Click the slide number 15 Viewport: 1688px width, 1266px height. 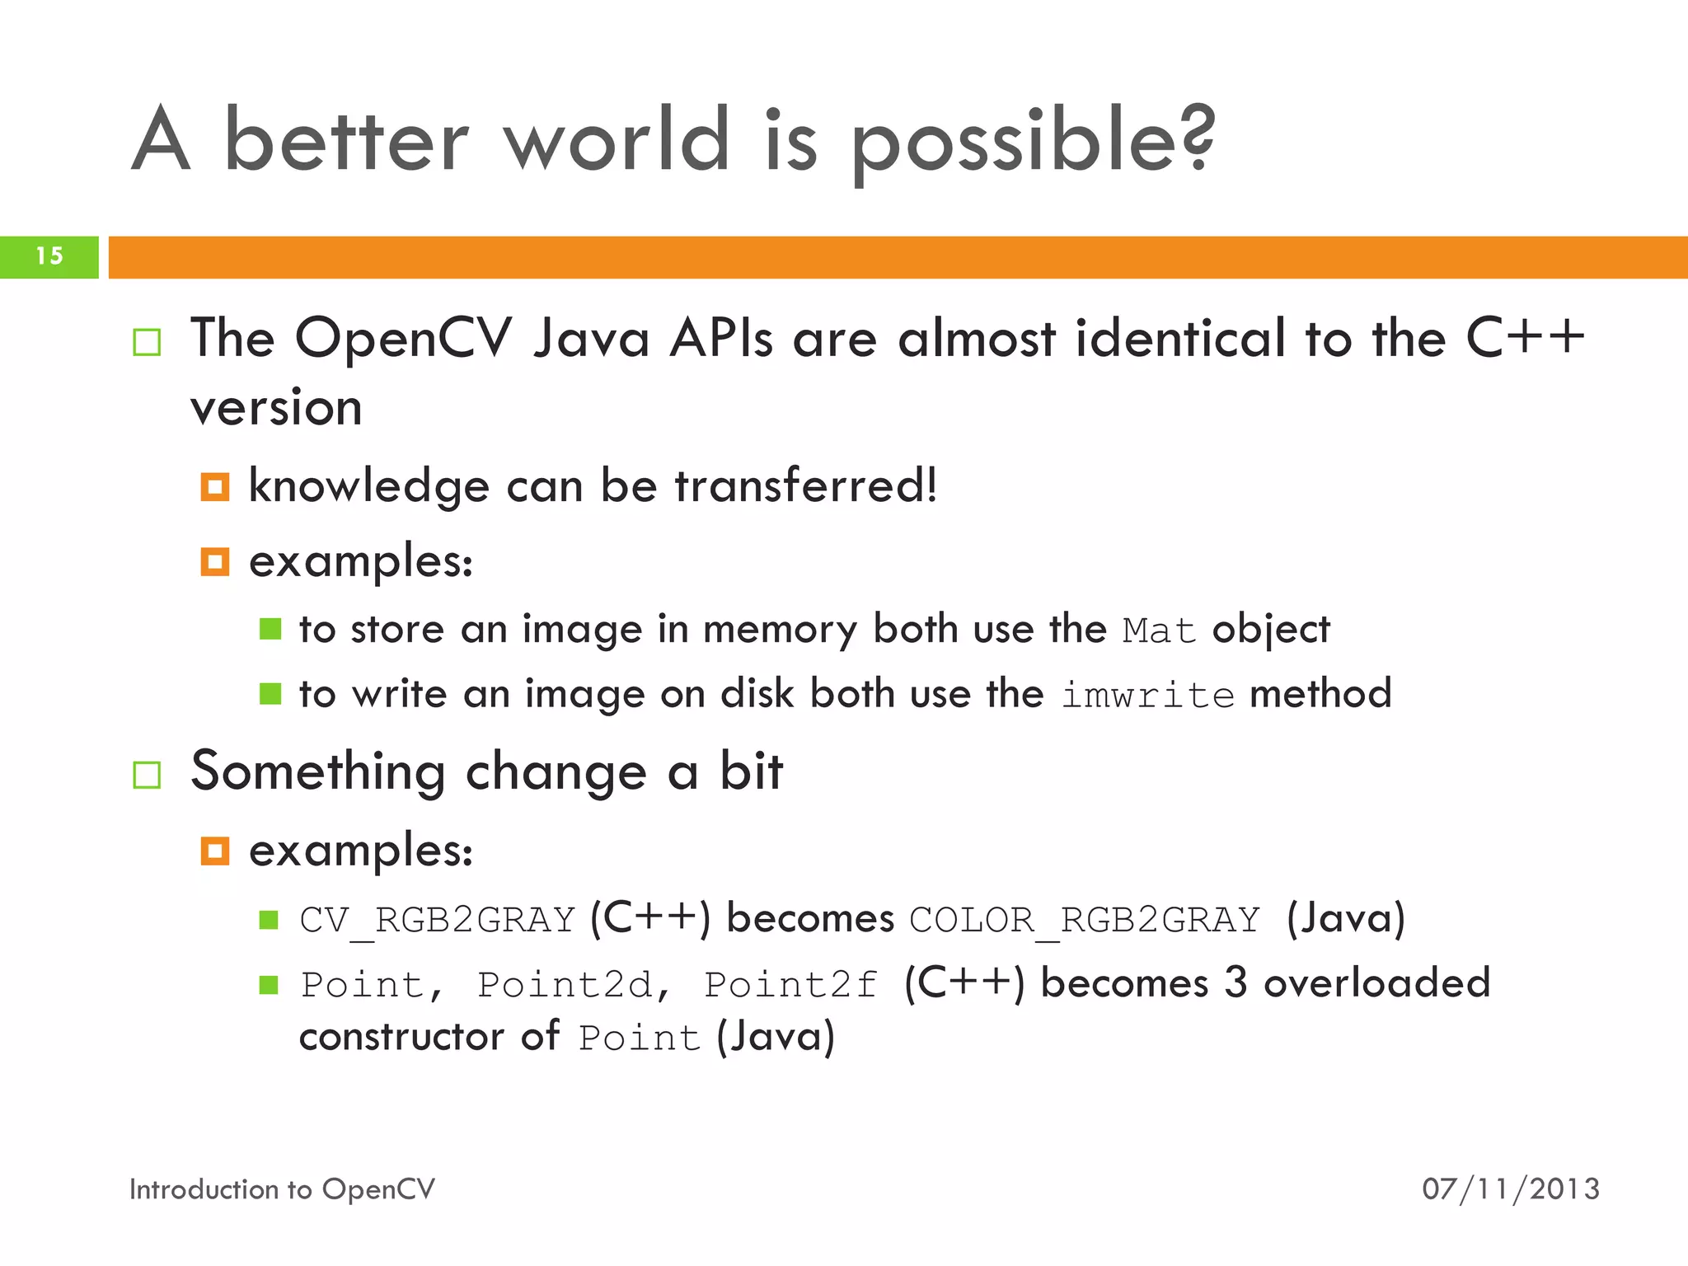(x=49, y=256)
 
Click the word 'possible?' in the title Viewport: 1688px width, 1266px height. (x=1033, y=142)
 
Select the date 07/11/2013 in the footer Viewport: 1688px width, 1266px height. (x=1510, y=1189)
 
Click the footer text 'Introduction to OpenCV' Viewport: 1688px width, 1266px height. (x=282, y=1189)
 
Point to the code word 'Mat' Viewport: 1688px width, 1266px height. (x=1159, y=631)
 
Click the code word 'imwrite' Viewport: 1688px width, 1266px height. (x=1146, y=695)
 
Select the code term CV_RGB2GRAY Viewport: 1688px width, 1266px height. (x=437, y=920)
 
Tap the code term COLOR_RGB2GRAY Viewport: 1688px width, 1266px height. (x=1085, y=920)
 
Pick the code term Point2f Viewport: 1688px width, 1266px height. (x=790, y=985)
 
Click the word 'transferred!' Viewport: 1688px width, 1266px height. (x=806, y=485)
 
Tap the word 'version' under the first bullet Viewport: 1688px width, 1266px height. (x=276, y=408)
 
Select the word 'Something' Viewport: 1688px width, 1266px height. (x=318, y=772)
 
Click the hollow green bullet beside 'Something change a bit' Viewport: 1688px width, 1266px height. (x=147, y=775)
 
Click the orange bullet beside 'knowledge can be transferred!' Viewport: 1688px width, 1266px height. (x=215, y=487)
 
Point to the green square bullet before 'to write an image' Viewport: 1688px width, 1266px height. (x=270, y=694)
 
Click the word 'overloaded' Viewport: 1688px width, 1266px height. (x=1376, y=983)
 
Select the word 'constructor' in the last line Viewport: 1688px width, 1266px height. (x=401, y=1037)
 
